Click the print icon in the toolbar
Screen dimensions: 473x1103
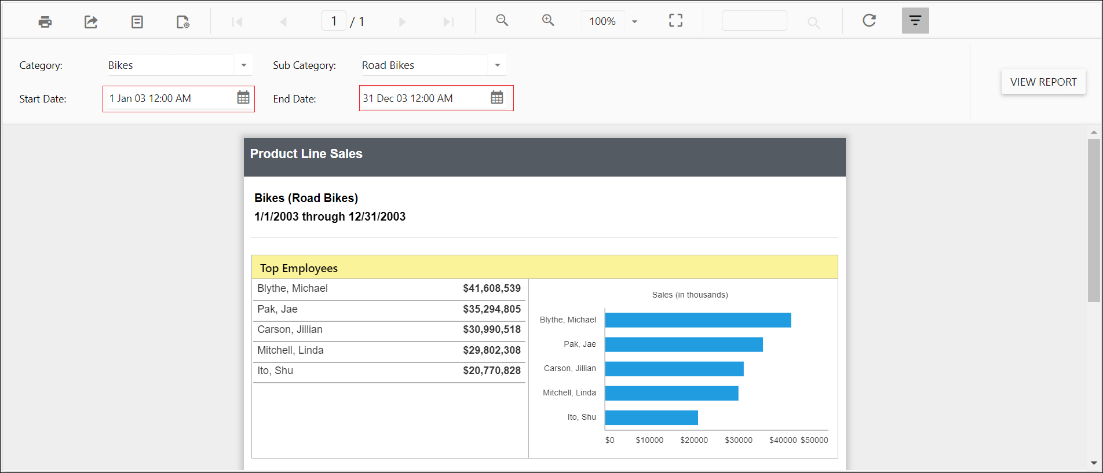45,22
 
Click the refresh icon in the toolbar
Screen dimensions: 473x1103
869,21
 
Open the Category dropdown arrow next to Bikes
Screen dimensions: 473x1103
244,65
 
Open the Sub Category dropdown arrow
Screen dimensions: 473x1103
497,65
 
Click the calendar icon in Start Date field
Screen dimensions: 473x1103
243,98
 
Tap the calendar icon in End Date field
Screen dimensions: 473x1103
497,98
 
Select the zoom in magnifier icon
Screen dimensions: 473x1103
548,21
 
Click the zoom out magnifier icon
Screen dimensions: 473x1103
502,21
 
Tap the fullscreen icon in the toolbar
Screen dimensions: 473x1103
675,21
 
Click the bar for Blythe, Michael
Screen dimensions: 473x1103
697,320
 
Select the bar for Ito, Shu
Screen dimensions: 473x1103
651,417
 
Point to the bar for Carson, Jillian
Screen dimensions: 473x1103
674,369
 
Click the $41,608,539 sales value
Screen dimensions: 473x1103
491,288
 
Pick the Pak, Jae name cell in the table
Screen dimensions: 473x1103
277,309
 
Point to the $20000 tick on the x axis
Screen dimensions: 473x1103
694,440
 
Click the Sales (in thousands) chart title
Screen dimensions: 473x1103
689,295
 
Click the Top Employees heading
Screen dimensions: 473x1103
298,268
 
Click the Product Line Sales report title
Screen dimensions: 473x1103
306,154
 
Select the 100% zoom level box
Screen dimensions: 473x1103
602,21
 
